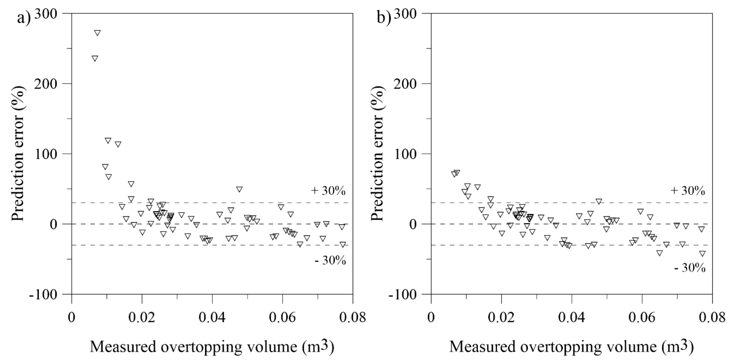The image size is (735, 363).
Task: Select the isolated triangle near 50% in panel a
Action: [x=239, y=189]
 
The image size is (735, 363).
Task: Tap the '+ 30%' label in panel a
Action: [x=328, y=191]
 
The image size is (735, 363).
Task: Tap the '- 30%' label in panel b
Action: [x=690, y=268]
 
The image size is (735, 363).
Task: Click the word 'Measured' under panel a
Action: [x=123, y=346]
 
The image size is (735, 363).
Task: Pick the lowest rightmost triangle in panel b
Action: [x=703, y=253]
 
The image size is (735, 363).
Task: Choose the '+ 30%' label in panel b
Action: [x=687, y=191]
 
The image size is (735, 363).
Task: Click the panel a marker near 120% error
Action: [x=108, y=140]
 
